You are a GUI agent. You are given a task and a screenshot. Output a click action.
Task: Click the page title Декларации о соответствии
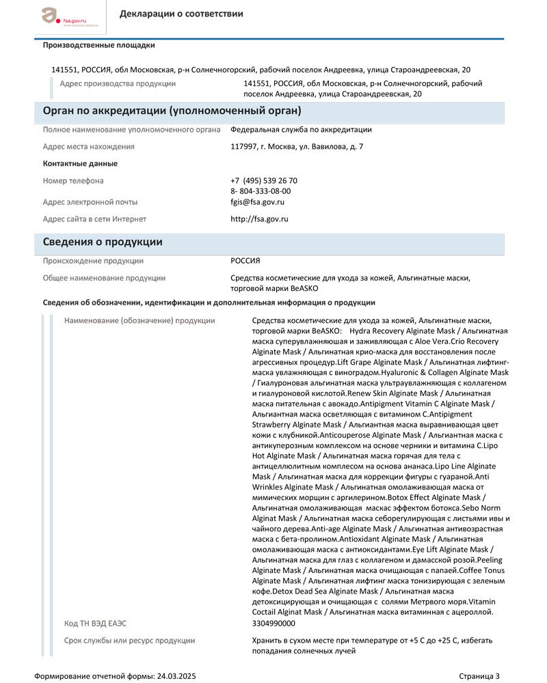[x=181, y=14]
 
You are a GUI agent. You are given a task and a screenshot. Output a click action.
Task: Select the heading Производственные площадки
[x=98, y=46]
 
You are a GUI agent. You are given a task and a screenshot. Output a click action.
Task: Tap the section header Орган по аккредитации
[x=172, y=111]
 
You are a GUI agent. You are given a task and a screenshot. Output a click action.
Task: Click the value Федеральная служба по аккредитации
[x=301, y=129]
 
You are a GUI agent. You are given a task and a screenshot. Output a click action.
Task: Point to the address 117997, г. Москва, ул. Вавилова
[x=297, y=146]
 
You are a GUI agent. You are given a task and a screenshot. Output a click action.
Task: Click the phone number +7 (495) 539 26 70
[x=264, y=180]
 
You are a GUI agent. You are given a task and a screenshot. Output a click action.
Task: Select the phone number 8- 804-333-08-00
[x=261, y=191]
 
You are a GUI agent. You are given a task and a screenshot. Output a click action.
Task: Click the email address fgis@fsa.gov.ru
[x=257, y=202]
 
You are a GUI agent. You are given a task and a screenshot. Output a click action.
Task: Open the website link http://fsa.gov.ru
[x=259, y=219]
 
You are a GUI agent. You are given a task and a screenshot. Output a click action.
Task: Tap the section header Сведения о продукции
[x=103, y=242]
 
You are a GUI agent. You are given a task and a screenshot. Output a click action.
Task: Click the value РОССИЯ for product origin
[x=245, y=261]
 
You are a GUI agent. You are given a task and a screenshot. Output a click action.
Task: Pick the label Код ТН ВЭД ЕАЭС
[x=95, y=623]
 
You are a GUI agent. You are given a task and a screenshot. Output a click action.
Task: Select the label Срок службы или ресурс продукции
[x=129, y=641]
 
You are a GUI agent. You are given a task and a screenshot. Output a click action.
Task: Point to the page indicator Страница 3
[x=479, y=676]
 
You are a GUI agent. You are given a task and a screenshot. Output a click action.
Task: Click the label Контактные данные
[x=80, y=164]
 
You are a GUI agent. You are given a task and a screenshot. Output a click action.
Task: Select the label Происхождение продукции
[x=93, y=261]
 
